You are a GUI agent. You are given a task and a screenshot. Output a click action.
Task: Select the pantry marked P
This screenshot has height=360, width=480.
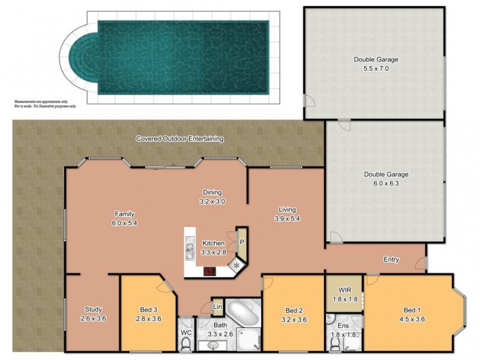click(241, 241)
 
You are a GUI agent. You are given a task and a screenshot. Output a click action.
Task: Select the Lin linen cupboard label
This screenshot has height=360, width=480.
click(217, 307)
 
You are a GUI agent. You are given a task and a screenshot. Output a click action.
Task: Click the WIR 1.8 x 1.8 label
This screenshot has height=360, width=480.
click(344, 294)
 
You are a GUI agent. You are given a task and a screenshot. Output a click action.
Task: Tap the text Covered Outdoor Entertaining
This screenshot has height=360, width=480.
click(179, 139)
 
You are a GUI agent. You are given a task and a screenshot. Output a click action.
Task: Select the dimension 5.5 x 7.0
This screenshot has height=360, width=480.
click(376, 68)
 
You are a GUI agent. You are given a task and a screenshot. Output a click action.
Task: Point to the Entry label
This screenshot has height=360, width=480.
click(391, 260)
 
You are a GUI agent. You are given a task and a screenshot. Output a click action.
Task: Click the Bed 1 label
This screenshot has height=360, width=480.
click(412, 310)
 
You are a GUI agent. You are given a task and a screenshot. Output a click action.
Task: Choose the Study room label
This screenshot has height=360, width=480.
click(93, 310)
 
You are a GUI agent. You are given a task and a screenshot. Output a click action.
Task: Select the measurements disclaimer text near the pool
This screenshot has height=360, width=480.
click(46, 104)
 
